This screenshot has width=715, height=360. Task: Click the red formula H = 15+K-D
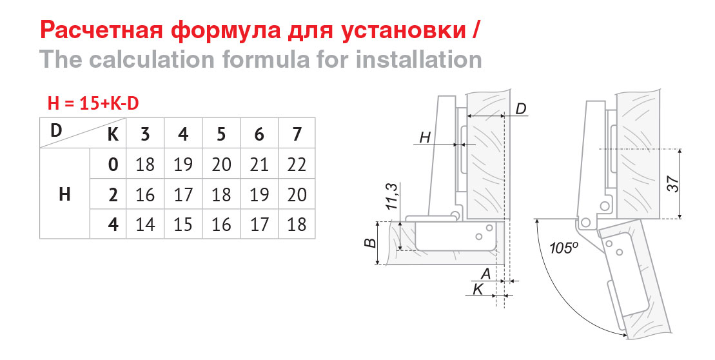(x=93, y=104)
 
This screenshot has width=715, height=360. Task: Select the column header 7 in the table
(x=297, y=134)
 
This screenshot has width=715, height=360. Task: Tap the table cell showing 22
(x=297, y=165)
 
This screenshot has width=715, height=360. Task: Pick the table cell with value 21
(x=259, y=165)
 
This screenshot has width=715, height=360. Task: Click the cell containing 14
(x=145, y=225)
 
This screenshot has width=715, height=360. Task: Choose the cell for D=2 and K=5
(x=221, y=195)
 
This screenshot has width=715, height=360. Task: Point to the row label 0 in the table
(x=113, y=165)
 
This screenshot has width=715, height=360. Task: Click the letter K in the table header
(x=113, y=135)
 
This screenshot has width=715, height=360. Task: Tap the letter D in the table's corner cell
(x=55, y=130)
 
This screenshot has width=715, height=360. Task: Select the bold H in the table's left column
(x=64, y=195)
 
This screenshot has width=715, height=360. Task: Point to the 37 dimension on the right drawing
(x=674, y=183)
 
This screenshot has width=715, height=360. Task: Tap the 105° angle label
(x=564, y=248)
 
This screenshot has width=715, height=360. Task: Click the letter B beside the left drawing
(x=371, y=242)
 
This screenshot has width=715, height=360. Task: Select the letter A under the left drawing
(x=486, y=274)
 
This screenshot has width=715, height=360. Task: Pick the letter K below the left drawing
(x=478, y=289)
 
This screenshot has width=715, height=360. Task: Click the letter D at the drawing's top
(x=521, y=109)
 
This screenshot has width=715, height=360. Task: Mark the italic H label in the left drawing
(x=425, y=137)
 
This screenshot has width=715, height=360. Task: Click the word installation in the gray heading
(x=418, y=60)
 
